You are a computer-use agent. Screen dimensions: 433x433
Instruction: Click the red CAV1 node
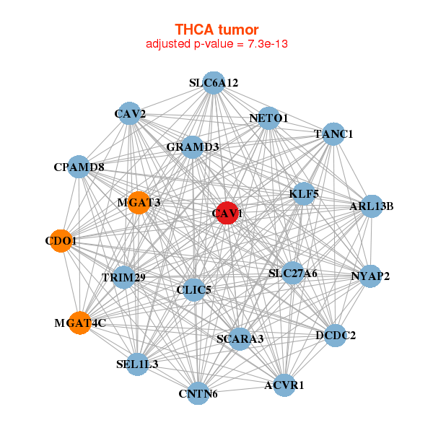tap(227, 213)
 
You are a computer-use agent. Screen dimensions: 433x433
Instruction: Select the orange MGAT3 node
tap(138, 203)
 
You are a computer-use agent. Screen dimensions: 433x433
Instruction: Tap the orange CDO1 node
tap(62, 240)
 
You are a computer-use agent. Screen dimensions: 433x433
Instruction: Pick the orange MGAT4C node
tap(81, 322)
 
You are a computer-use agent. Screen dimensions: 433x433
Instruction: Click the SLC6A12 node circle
tap(213, 83)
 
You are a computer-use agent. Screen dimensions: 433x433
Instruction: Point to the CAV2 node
tap(130, 114)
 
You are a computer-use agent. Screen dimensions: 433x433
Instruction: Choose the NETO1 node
tap(268, 118)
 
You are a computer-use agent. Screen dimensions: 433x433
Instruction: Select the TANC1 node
tap(332, 134)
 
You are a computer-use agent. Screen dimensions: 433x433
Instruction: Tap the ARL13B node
tap(371, 206)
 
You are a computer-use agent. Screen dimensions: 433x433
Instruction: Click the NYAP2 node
tap(369, 276)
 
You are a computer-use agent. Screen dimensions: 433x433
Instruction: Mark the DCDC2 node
tap(336, 335)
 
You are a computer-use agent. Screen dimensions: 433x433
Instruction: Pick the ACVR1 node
tap(284, 385)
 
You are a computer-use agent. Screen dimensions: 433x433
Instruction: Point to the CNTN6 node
tap(198, 393)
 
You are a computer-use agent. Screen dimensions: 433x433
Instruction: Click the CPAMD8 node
tap(79, 167)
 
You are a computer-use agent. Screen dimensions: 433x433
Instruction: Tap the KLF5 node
tap(304, 193)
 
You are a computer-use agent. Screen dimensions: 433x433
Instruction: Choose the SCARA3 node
tap(240, 338)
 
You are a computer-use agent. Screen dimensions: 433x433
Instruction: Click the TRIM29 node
tap(124, 277)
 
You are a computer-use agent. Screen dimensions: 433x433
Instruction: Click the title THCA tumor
tap(216, 30)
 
